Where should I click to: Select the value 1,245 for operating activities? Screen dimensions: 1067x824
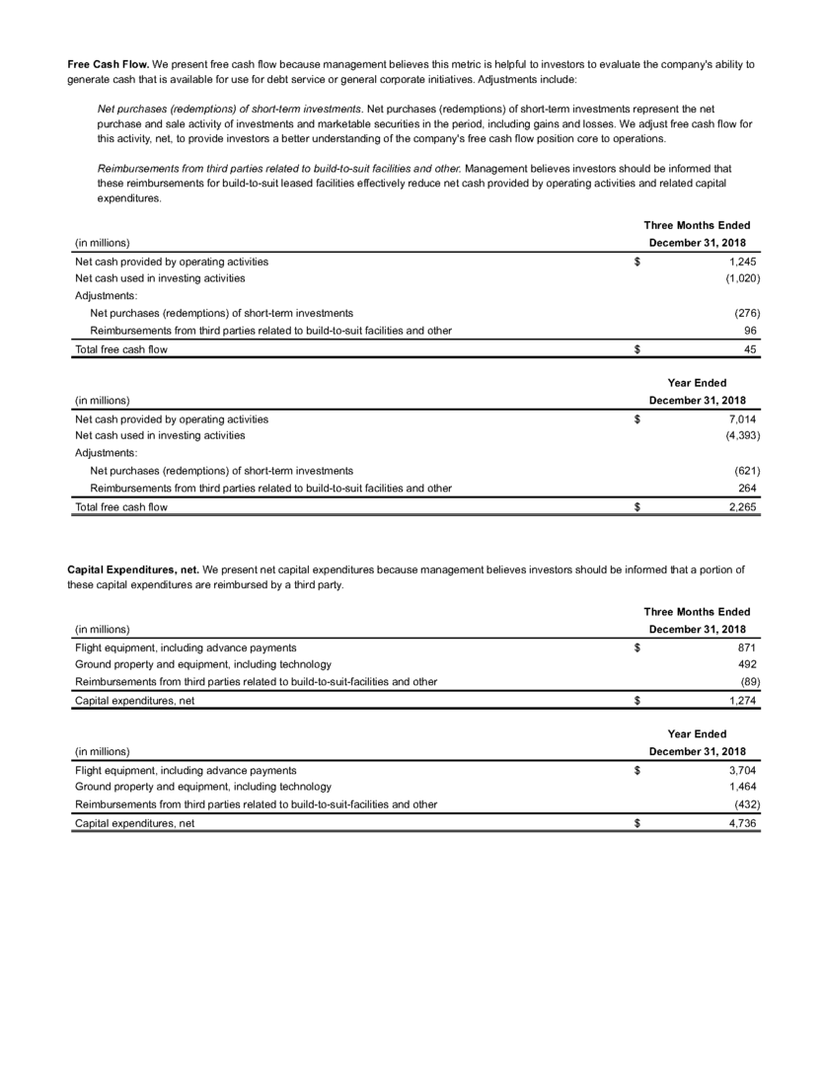point(741,263)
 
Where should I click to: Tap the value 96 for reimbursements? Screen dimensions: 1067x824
point(750,331)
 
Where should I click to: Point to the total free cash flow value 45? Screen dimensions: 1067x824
point(750,349)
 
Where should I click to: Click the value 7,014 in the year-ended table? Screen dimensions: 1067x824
point(741,419)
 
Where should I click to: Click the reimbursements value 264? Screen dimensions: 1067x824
point(747,488)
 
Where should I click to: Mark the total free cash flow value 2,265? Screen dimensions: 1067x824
point(741,507)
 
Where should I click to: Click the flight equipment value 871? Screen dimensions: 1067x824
point(747,648)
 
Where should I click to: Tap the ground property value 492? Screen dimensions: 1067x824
point(747,664)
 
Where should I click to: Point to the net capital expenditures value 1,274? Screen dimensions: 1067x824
point(741,701)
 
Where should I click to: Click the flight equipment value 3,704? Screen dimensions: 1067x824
point(741,771)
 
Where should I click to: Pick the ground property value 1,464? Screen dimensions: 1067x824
point(741,788)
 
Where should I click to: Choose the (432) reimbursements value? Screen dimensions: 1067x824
point(743,804)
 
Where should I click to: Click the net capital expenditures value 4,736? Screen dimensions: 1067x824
point(741,824)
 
